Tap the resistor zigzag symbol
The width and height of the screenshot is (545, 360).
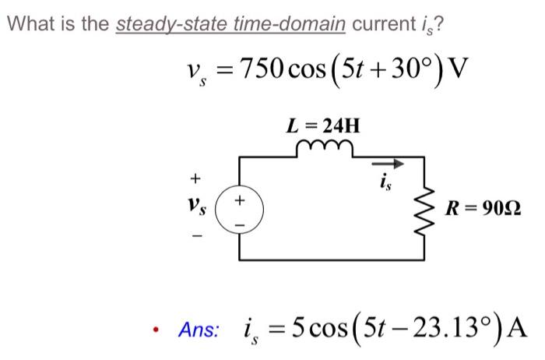(425, 208)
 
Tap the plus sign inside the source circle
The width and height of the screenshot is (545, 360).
(240, 199)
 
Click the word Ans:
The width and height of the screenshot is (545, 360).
(199, 330)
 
